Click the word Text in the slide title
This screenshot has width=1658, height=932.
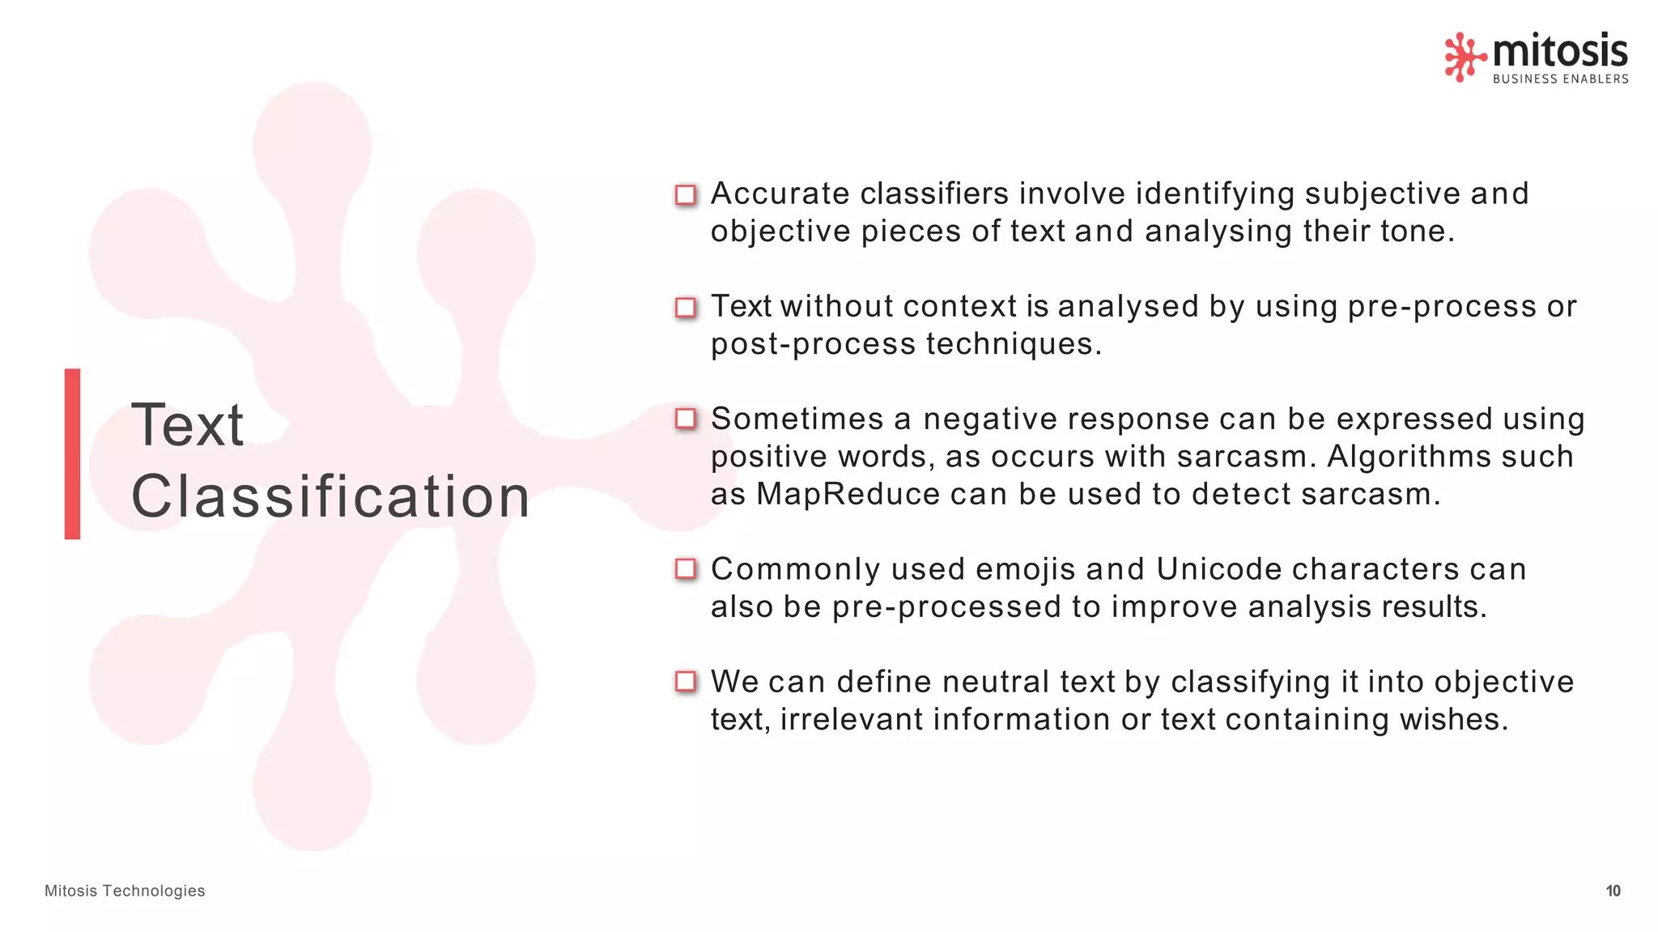(187, 425)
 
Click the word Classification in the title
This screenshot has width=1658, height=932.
(330, 496)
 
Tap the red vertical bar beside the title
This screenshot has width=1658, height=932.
(73, 453)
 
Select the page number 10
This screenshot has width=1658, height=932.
(1613, 891)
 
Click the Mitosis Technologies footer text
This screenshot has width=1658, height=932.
(125, 891)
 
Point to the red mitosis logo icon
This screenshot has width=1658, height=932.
(1465, 57)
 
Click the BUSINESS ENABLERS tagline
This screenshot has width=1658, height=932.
(1560, 79)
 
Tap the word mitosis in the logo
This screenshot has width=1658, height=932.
(1560, 51)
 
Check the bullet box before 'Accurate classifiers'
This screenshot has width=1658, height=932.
(686, 195)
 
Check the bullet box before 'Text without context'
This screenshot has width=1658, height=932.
(686, 308)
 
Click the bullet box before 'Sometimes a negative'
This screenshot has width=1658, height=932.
(686, 419)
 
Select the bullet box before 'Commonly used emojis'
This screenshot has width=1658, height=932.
(686, 569)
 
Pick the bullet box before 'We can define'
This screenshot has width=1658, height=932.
(686, 682)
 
